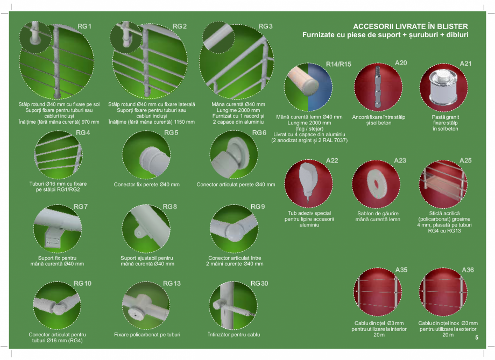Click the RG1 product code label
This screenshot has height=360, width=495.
84,26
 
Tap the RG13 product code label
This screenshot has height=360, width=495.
172,284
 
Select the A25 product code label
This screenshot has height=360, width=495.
465,160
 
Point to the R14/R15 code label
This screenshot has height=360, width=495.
338,64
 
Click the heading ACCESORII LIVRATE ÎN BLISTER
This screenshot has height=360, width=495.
410,26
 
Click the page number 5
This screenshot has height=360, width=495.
477,338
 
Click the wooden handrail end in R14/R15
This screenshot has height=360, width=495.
301,81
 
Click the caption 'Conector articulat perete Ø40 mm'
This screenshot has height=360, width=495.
236,185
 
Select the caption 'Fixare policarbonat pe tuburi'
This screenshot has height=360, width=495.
147,335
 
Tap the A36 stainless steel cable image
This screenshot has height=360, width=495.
443,293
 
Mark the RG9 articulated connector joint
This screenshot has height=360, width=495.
235,231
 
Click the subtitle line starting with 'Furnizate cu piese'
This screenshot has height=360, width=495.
385,35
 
